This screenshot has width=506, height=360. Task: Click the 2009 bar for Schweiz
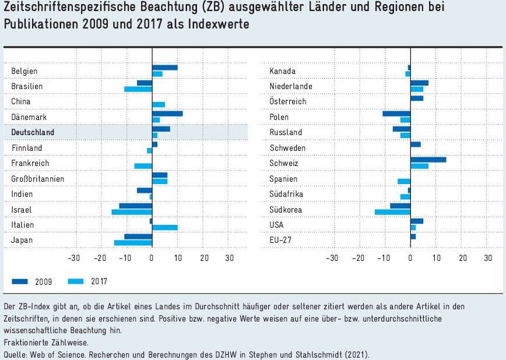[x=428, y=159]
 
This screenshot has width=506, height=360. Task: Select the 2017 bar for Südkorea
[x=392, y=212]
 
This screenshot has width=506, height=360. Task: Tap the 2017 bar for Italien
[x=164, y=227]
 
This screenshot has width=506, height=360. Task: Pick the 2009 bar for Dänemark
[x=167, y=114]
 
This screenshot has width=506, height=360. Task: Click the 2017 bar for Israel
[x=132, y=212]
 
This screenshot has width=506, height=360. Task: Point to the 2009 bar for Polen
[x=396, y=114]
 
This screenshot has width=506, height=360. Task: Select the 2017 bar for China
[x=159, y=104]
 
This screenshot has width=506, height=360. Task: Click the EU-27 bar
[x=413, y=237]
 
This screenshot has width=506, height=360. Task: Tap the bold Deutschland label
[x=33, y=132]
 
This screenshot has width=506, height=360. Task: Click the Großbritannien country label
[x=38, y=178]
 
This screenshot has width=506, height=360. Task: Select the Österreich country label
[x=288, y=101]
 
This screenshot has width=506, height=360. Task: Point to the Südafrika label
[x=286, y=193]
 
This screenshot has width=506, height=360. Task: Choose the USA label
[x=277, y=224]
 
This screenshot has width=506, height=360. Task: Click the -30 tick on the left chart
[x=74, y=258]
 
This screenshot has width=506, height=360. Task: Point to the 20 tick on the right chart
[x=463, y=258]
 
